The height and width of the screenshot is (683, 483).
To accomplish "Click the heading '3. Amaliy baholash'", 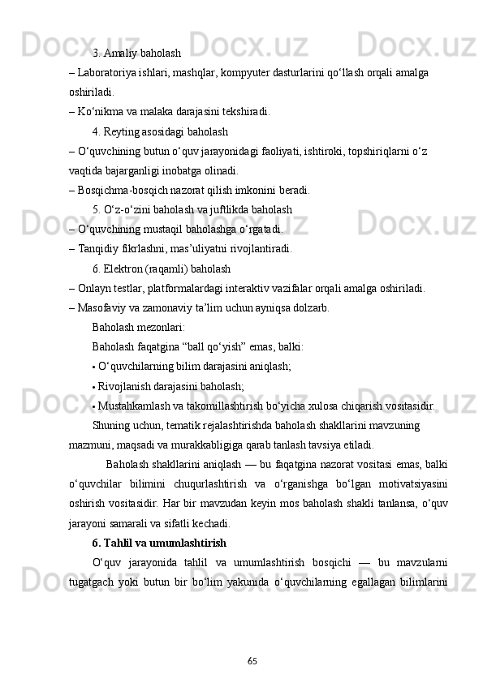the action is (136, 54).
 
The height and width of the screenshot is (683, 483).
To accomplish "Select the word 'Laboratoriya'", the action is (105, 73).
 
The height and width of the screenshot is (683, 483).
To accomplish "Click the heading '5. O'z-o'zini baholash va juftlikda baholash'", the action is (192, 209).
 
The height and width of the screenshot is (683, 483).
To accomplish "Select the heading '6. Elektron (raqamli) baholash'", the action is (162, 268).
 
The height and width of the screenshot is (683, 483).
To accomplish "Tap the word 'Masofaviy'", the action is (101, 307).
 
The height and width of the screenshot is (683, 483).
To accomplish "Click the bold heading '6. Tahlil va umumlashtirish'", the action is (159, 543).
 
